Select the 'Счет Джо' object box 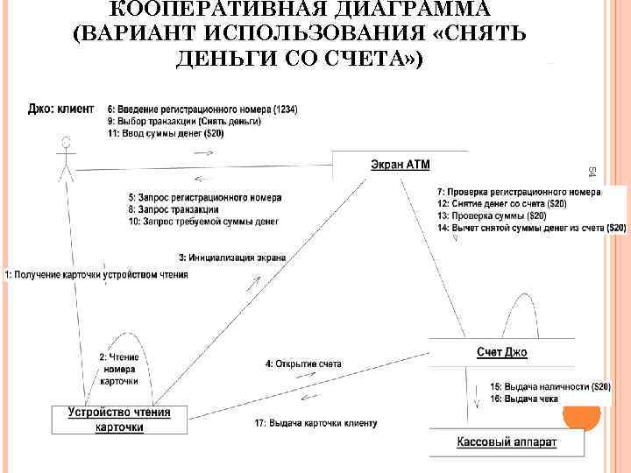tap(501, 352)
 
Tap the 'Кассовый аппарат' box tap(507, 442)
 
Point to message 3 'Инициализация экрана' tap(232, 258)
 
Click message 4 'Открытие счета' tap(302, 363)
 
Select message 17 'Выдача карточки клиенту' tap(315, 423)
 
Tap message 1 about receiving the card tap(96, 275)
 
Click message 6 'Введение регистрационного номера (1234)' tap(202, 109)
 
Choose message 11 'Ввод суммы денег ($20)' tap(166, 134)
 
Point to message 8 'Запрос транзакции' tap(173, 210)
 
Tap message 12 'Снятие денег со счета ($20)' tap(502, 204)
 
